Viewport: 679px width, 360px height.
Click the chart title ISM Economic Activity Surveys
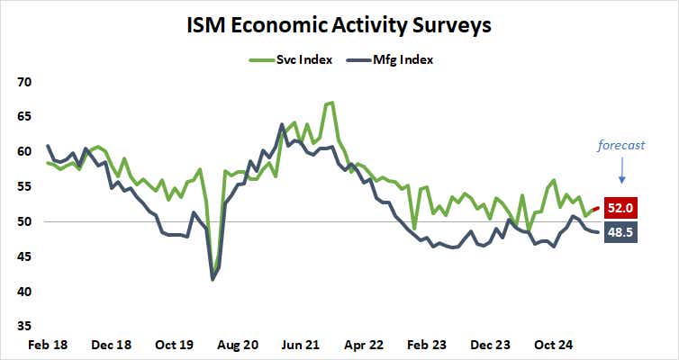(339, 25)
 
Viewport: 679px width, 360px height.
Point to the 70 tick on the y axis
(24, 82)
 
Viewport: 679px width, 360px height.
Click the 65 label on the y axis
(24, 117)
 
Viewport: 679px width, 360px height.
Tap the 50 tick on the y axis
(24, 222)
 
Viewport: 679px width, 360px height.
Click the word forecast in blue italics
(622, 144)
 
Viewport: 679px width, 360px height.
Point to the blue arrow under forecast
(621, 169)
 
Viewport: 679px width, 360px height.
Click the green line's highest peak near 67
(332, 103)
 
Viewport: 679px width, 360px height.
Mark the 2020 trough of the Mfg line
(213, 280)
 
